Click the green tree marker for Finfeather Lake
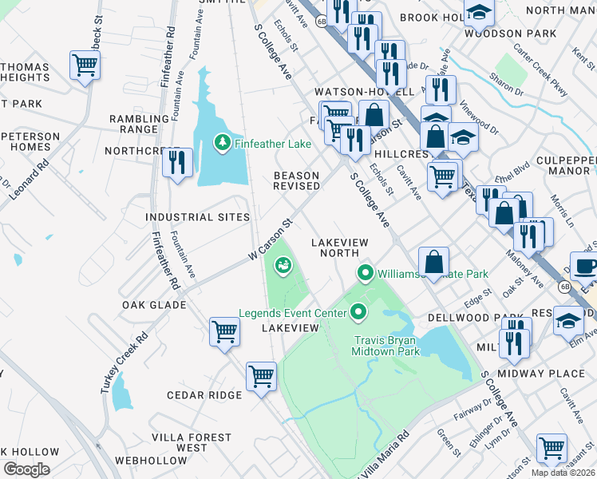[223, 143]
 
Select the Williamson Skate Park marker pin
[366, 274]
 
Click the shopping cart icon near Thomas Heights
[85, 65]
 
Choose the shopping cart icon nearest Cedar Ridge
[261, 375]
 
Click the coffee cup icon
[586, 267]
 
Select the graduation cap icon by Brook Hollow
[480, 12]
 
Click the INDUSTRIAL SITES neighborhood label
[197, 217]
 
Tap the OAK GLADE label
[154, 305]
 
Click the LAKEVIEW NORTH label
[342, 247]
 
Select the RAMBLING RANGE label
[133, 124]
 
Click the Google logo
[27, 469]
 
